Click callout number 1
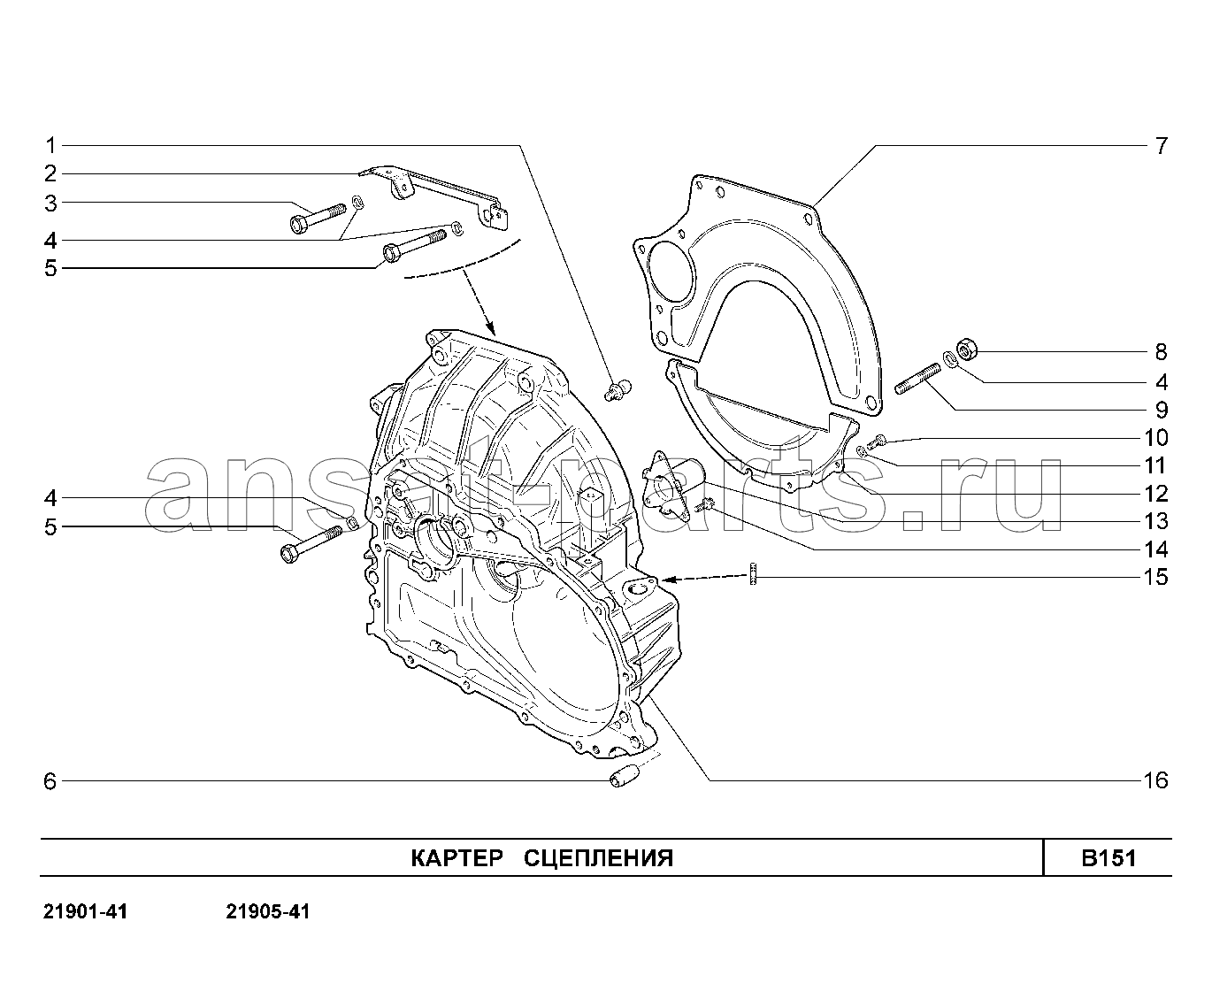pos(50,146)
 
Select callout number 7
pos(1161,146)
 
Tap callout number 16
pos(1155,780)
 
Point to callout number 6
pos(50,781)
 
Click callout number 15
pos(1155,577)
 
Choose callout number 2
pos(50,173)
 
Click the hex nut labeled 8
pos(966,349)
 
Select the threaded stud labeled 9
pos(917,379)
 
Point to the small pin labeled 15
pos(754,573)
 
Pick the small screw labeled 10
pos(878,440)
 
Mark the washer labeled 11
pos(862,451)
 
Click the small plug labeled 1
pos(618,389)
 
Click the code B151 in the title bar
pos(1108,857)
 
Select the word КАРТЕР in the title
pos(456,857)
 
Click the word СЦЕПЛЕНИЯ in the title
pos(598,857)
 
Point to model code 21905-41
pos(268,911)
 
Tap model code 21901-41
pos(85,911)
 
